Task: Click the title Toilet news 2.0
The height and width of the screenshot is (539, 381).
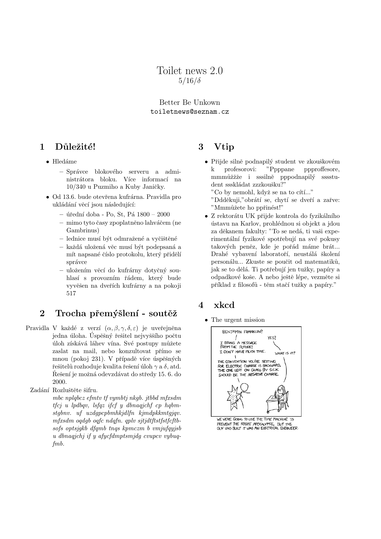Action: pyautogui.click(x=190, y=71)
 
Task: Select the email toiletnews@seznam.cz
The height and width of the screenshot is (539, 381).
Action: pyautogui.click(x=190, y=112)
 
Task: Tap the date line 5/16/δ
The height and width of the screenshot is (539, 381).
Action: pyautogui.click(x=190, y=81)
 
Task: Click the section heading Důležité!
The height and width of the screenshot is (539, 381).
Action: pyautogui.click(x=75, y=147)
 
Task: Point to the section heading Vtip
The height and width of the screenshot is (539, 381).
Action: pyautogui.click(x=224, y=147)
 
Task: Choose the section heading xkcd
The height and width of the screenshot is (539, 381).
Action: pyautogui.click(x=224, y=305)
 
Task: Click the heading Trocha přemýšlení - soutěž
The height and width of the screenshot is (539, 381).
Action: pyautogui.click(x=116, y=313)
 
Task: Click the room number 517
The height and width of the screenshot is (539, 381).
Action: pyautogui.click(x=71, y=293)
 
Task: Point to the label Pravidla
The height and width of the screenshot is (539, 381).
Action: pyautogui.click(x=37, y=328)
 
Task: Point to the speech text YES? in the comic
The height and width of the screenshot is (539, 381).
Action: pyautogui.click(x=272, y=338)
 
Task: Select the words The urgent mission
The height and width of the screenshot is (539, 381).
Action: pyautogui.click(x=238, y=320)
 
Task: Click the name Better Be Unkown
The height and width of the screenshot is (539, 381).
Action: pyautogui.click(x=190, y=103)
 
